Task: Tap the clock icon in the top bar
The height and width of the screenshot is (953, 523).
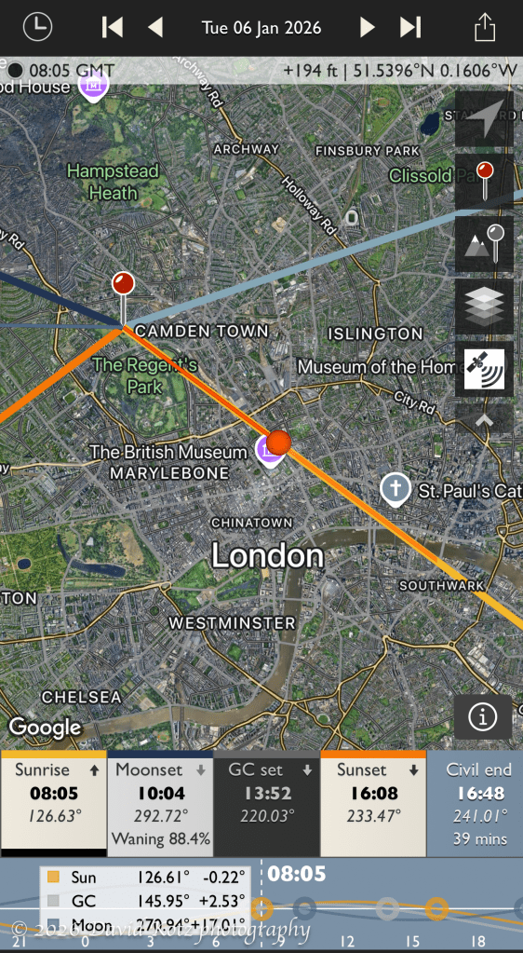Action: coord(38,26)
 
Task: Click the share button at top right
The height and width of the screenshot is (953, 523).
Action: coord(484,26)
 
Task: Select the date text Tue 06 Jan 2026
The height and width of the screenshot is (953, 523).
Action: coord(261,27)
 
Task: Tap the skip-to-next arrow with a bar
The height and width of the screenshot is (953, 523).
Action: coord(409,27)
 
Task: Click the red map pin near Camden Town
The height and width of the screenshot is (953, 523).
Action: coord(123,284)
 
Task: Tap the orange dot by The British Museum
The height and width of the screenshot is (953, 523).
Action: coord(279,441)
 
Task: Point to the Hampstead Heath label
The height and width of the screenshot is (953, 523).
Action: coord(113,182)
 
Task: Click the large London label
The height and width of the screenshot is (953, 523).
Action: coord(267,556)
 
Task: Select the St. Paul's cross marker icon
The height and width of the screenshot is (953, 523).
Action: coord(396,487)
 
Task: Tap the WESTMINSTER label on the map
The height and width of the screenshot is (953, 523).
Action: coord(232,622)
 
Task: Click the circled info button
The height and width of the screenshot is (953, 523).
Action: coord(482,716)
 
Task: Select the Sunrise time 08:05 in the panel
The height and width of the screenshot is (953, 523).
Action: coord(53,794)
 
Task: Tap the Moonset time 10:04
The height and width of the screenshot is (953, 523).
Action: coord(160,794)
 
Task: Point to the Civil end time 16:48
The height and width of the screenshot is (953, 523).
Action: coord(479,794)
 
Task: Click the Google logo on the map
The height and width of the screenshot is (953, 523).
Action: coord(46,727)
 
